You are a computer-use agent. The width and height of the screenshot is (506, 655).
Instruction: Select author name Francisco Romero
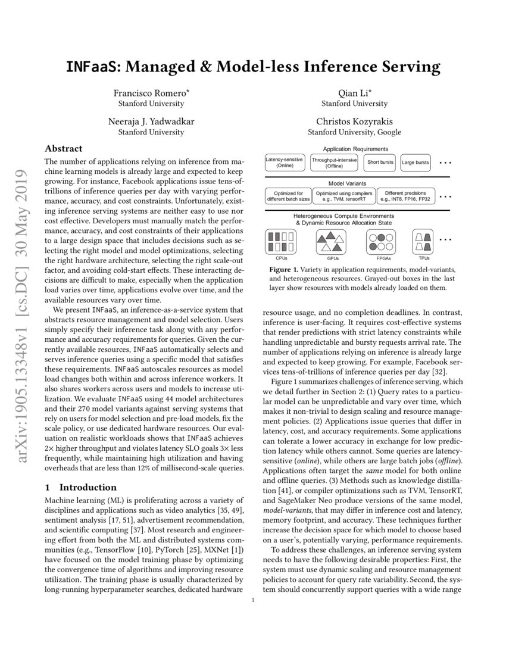click(151, 92)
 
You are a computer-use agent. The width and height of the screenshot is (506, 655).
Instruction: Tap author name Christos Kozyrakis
click(354, 121)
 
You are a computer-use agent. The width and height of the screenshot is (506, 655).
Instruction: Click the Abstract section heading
click(64, 148)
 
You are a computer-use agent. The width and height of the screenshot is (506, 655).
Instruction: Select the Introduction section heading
click(80, 486)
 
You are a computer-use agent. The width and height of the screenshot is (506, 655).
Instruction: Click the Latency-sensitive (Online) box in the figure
click(285, 163)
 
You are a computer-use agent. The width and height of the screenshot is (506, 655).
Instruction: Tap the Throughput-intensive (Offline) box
click(334, 163)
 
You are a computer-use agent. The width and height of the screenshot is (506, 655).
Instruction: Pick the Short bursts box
click(380, 163)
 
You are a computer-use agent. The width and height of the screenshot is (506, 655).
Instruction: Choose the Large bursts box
click(415, 163)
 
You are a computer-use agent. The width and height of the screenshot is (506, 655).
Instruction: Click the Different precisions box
click(405, 196)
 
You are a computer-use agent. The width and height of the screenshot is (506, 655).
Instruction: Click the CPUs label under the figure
click(282, 259)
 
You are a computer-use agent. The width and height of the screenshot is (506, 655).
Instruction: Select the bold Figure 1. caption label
click(288, 269)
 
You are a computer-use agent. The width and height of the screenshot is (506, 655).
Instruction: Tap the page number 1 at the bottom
click(253, 600)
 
